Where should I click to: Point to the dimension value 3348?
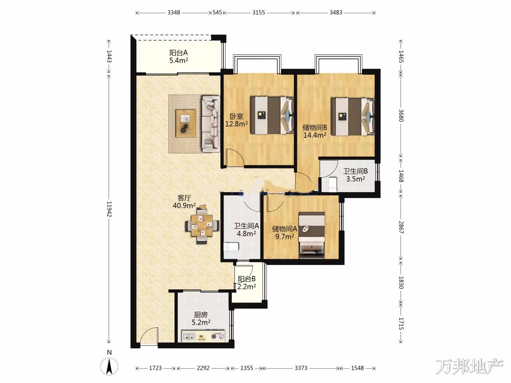174,12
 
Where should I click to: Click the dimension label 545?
217,12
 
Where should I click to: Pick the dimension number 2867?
401,227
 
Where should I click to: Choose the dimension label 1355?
247,368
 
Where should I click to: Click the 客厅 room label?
184,198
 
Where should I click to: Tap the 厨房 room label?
201,315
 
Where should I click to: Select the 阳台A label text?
178,53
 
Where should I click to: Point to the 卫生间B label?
356,171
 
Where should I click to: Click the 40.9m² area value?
184,206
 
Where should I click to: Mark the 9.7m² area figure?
285,237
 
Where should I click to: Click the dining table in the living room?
202,226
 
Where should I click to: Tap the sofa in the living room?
211,124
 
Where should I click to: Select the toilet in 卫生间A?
231,246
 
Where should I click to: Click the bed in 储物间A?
312,235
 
